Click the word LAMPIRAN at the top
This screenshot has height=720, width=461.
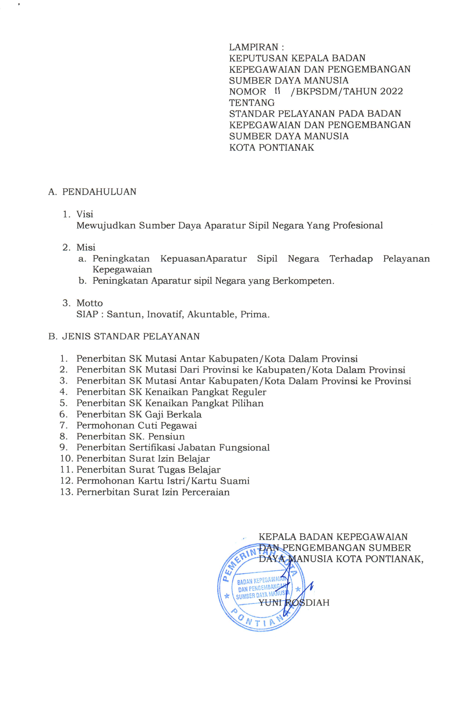(x=253, y=47)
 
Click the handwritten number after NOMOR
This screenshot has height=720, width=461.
(x=278, y=91)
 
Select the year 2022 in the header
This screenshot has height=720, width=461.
(x=391, y=92)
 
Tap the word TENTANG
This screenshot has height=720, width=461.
(x=252, y=103)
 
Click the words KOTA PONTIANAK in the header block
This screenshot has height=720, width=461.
(x=271, y=147)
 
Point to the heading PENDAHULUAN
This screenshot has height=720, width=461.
(x=99, y=192)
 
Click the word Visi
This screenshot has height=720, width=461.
(x=85, y=214)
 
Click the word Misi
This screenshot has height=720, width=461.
(x=86, y=247)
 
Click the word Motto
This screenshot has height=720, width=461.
(x=89, y=303)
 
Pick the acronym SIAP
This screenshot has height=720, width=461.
(x=87, y=314)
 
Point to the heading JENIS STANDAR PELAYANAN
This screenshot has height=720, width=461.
(x=131, y=336)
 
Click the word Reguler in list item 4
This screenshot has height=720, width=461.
(x=249, y=392)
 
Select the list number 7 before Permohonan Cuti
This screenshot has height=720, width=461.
(x=63, y=425)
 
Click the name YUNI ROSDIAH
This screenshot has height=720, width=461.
(x=294, y=603)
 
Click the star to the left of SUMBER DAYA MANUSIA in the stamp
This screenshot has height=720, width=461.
(x=227, y=596)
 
